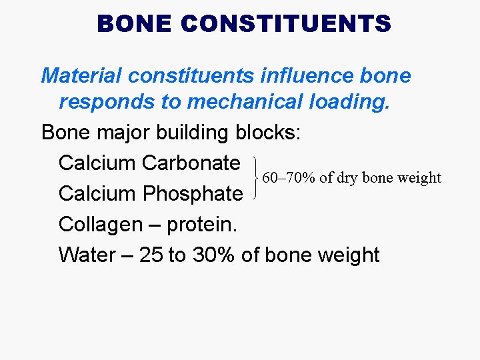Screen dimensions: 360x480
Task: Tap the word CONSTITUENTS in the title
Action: click(285, 24)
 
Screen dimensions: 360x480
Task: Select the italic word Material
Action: click(83, 75)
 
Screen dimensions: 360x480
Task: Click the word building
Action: click(194, 133)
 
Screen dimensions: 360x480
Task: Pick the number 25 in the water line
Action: click(150, 255)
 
